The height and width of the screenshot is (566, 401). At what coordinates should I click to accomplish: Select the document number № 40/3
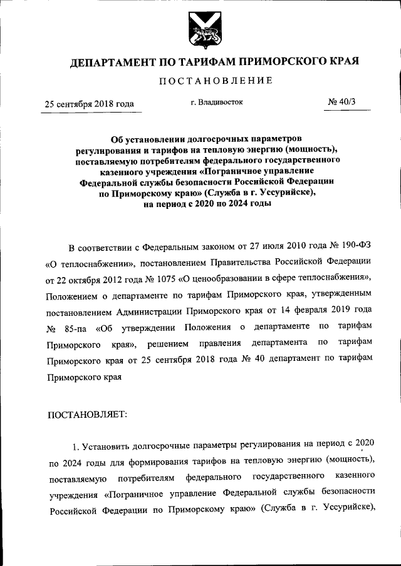click(341, 103)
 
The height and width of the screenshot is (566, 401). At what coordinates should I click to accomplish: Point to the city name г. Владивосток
click(217, 102)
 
